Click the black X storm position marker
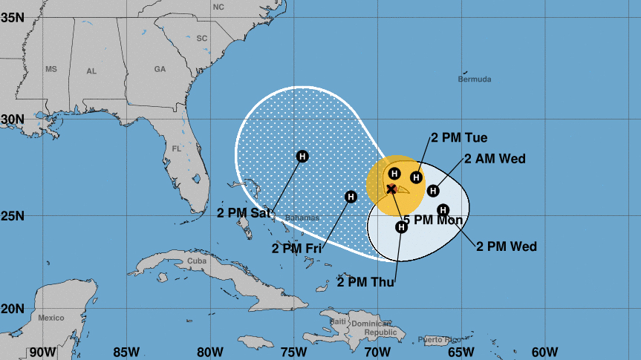tap(391, 189)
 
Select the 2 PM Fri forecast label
tap(302, 248)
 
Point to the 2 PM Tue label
tap(458, 138)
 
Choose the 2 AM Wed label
tap(495, 158)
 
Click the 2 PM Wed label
tap(507, 246)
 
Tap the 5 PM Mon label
tap(432, 220)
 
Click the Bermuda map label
tap(475, 79)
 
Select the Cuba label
tap(196, 261)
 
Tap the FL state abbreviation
tap(177, 148)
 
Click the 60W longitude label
tap(544, 351)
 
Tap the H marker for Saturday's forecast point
tap(302, 156)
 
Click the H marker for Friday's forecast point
tap(351, 197)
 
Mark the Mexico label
tap(51, 318)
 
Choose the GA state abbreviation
tap(160, 69)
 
